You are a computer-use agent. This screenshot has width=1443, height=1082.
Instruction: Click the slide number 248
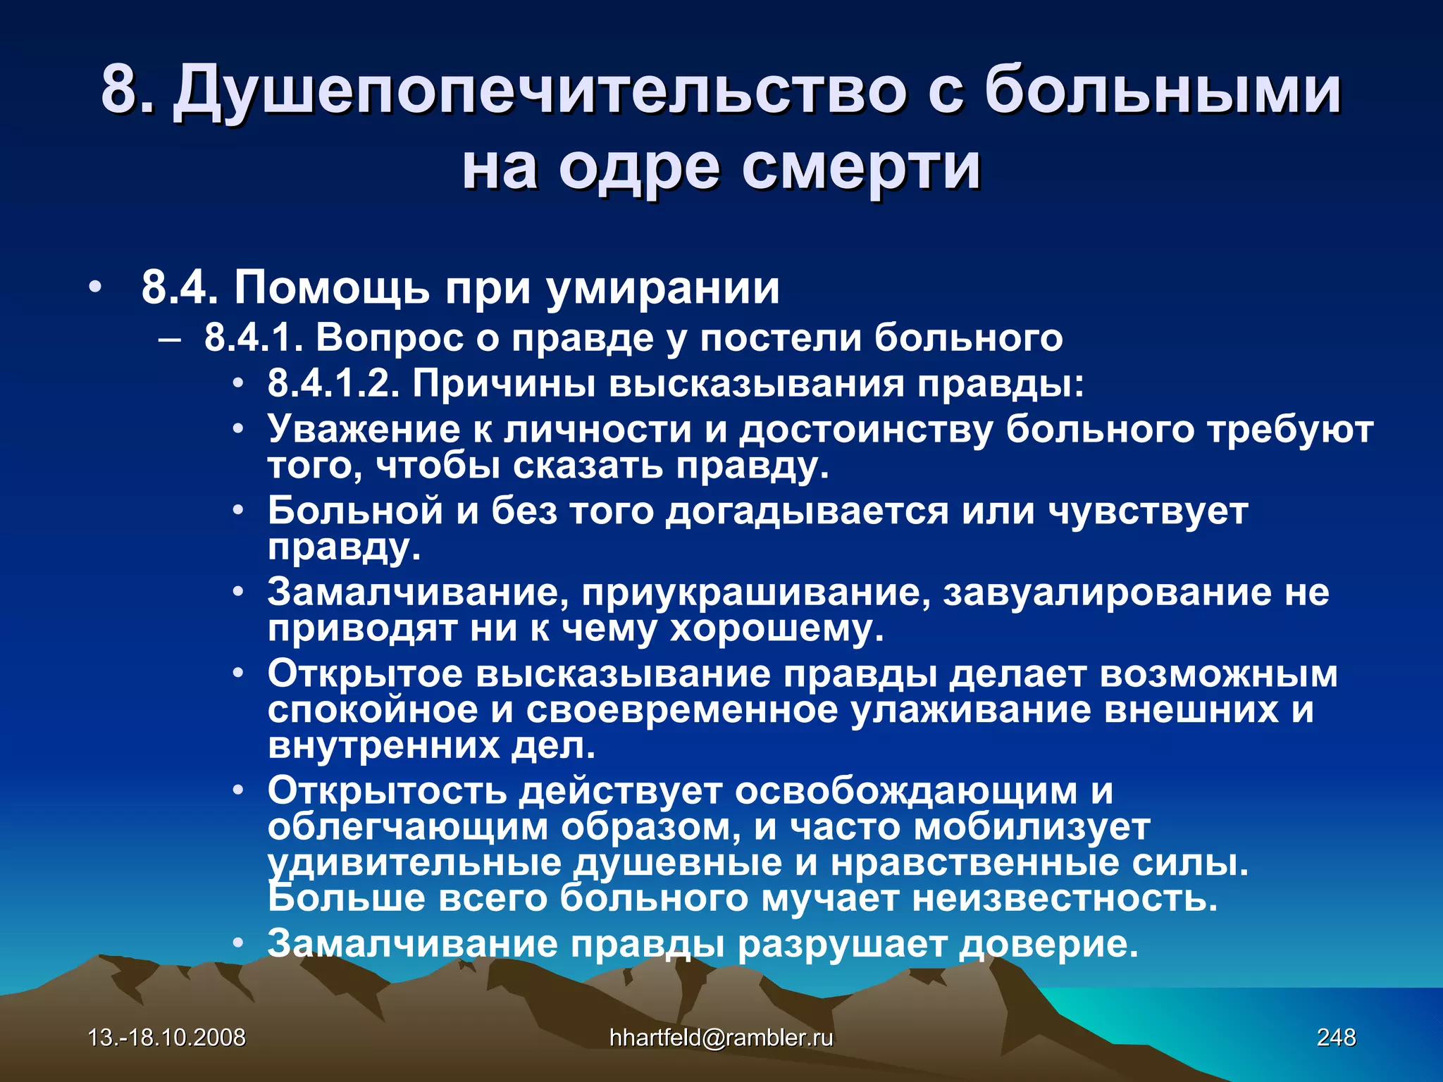click(1336, 1037)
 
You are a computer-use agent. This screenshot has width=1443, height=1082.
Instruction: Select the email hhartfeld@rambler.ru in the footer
click(721, 1037)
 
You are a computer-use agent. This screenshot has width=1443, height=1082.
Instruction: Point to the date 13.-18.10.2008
click(167, 1037)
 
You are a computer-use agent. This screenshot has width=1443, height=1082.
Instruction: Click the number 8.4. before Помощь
click(180, 287)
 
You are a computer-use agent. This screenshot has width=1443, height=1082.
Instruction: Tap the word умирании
click(663, 289)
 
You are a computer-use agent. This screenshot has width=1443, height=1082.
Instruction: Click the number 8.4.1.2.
click(333, 384)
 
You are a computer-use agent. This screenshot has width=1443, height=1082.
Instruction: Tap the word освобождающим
click(906, 791)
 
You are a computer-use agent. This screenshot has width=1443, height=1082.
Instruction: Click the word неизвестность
click(1065, 898)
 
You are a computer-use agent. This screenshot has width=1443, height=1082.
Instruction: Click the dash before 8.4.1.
click(169, 339)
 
